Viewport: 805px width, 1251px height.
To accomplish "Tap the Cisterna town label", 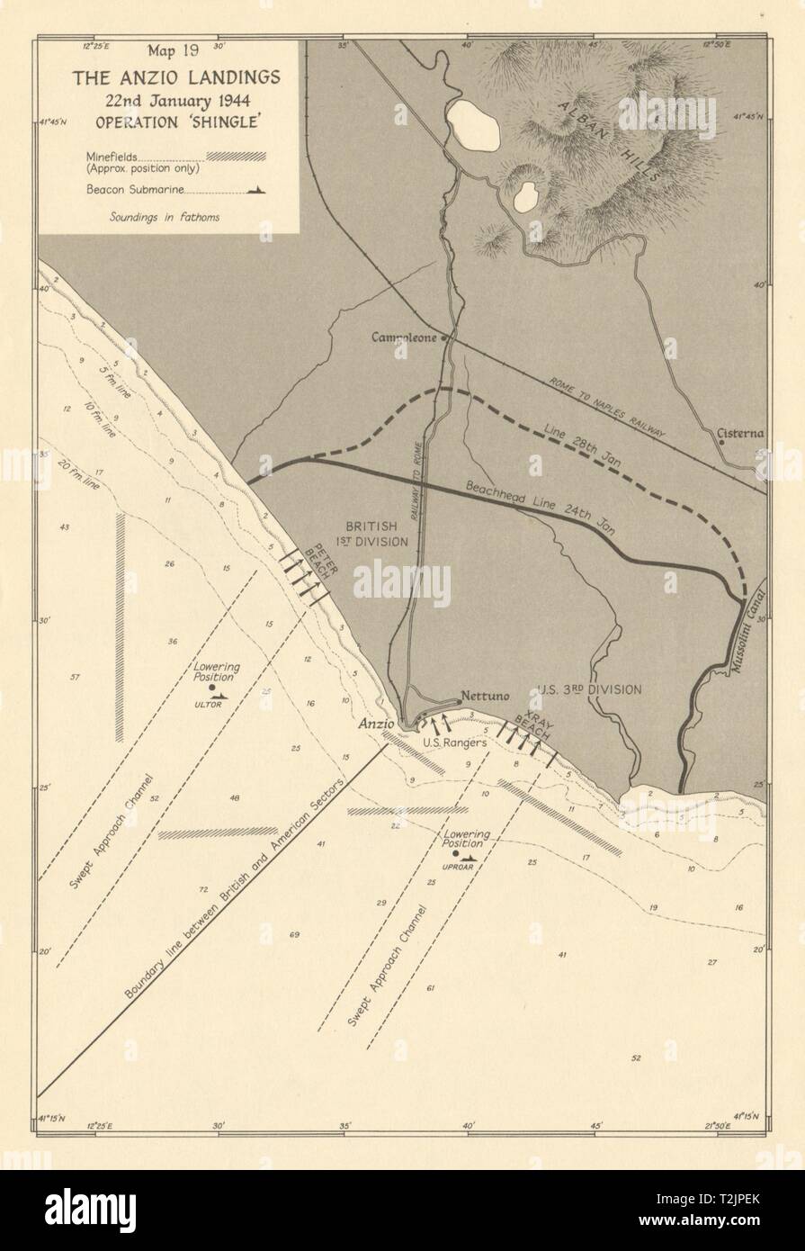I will coord(740,434).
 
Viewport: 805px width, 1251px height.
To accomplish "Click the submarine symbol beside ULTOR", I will coord(221,695).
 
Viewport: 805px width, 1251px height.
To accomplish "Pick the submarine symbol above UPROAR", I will coord(468,858).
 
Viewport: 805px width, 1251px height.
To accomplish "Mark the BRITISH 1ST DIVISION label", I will coord(377,534).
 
